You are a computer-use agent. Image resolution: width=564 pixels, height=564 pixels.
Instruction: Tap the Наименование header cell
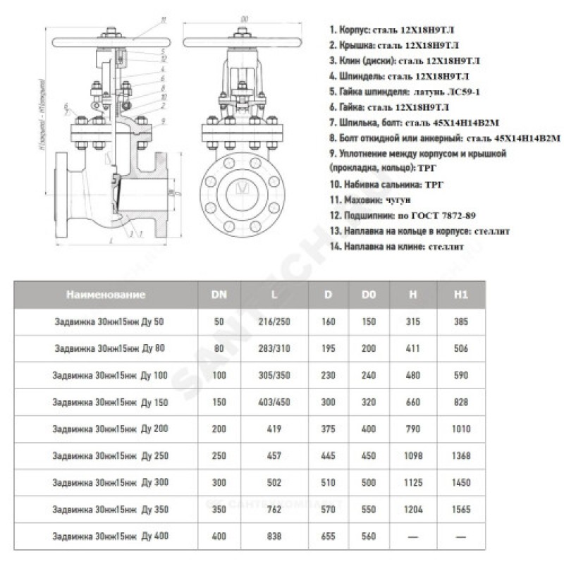coord(106,295)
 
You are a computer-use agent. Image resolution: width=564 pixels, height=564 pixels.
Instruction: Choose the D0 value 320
coord(368,403)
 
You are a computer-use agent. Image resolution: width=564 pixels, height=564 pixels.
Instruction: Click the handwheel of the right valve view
coord(245,32)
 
